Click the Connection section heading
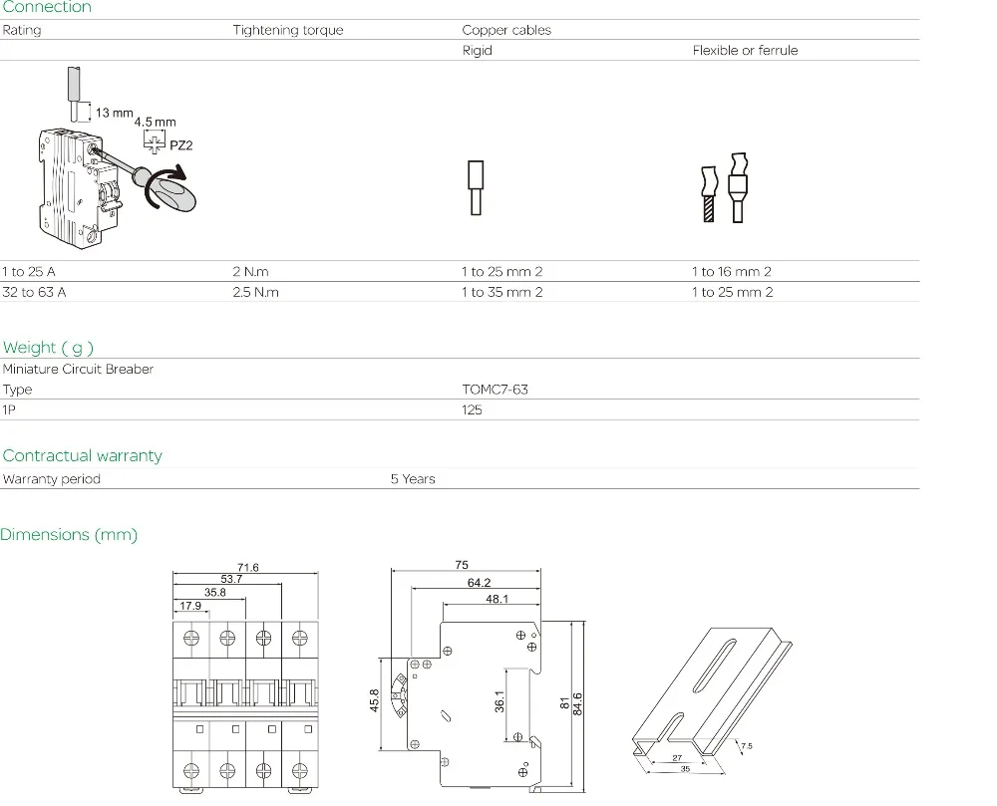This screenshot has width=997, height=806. pyautogui.click(x=47, y=7)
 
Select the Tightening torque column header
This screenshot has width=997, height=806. pyautogui.click(x=288, y=30)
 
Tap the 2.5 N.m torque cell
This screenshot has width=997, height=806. pyautogui.click(x=255, y=292)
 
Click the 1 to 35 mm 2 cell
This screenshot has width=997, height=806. pyautogui.click(x=502, y=292)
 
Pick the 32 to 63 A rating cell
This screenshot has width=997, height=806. pyautogui.click(x=34, y=292)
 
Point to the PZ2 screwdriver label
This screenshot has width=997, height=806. pyautogui.click(x=181, y=145)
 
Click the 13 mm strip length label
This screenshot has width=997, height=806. pyautogui.click(x=115, y=113)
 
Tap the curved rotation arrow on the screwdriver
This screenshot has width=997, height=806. pyautogui.click(x=166, y=187)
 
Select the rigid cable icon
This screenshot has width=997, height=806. pyautogui.click(x=476, y=188)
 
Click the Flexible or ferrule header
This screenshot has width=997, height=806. pyautogui.click(x=745, y=50)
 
